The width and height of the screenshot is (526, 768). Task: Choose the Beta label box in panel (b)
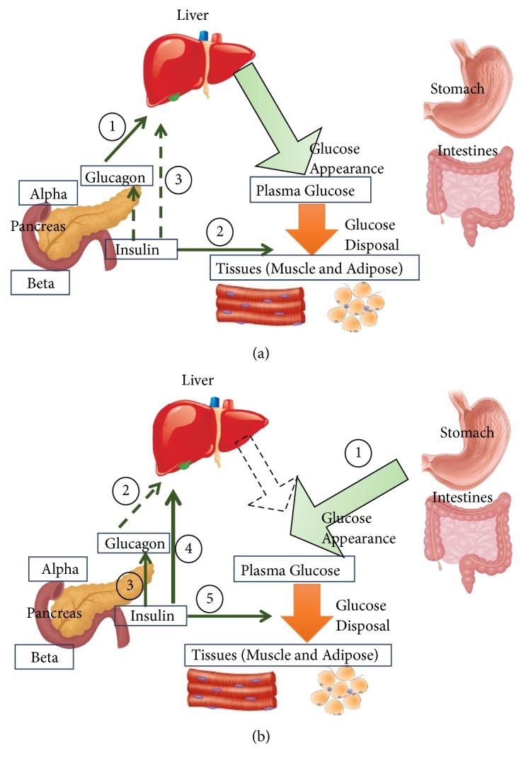(x=44, y=657)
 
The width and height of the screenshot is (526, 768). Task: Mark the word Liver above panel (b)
(x=198, y=380)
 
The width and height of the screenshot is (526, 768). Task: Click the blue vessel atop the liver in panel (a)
(x=204, y=34)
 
